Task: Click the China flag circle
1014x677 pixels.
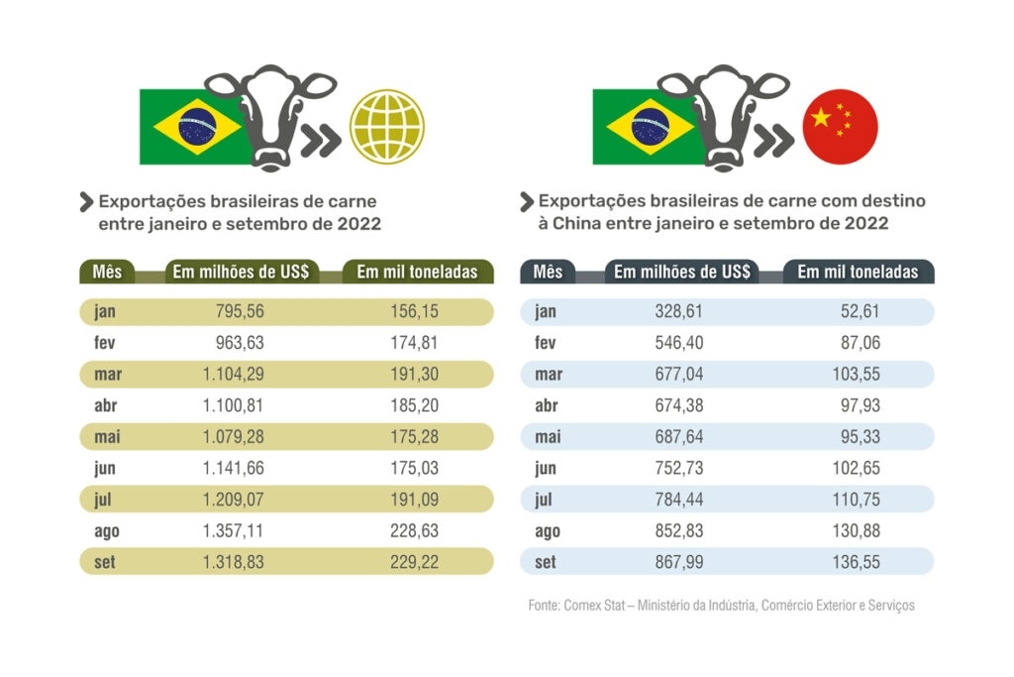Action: coord(840,127)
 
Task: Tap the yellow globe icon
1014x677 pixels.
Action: coord(387,127)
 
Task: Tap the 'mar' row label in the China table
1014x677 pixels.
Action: coord(549,375)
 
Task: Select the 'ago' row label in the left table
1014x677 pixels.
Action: coord(107,531)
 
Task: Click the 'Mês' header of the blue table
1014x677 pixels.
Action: coord(548,272)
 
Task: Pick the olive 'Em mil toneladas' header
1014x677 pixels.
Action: coord(416,272)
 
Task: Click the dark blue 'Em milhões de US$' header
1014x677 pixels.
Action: coord(682,272)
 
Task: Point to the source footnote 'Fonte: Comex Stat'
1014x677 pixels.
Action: coord(721,605)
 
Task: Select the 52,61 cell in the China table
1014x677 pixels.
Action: coord(857,312)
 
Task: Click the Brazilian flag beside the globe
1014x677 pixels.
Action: coord(191,127)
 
